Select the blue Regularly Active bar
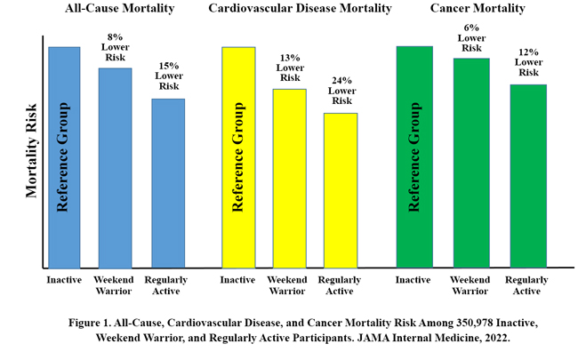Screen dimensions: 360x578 pyautogui.click(x=168, y=182)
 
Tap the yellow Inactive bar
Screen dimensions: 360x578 pyautogui.click(x=238, y=156)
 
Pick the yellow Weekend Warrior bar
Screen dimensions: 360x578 pyautogui.click(x=290, y=178)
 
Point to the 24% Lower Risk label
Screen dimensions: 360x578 pyautogui.click(x=342, y=91)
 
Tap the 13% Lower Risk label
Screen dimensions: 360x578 pyautogui.click(x=290, y=68)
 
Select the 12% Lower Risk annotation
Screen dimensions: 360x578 pyautogui.click(x=529, y=63)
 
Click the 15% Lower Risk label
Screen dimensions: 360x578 pyautogui.click(x=169, y=76)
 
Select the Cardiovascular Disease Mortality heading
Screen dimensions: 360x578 pyautogui.click(x=300, y=9)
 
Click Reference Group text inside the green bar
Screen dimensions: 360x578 pyautogui.click(x=413, y=156)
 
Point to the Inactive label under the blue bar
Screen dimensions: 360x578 pyautogui.click(x=64, y=280)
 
